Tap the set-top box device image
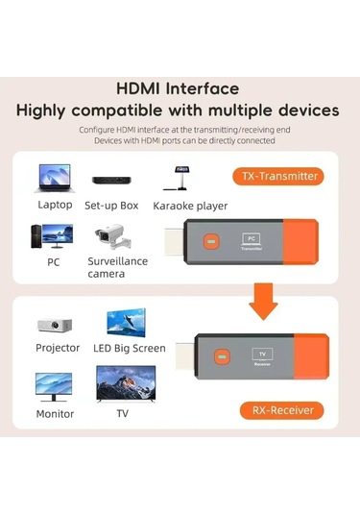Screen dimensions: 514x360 click(111, 180)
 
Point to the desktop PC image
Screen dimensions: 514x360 click(51, 236)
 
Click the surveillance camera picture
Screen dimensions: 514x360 click(112, 236)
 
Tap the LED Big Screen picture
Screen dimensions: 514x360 click(126, 322)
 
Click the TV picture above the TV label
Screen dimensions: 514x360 click(122, 383)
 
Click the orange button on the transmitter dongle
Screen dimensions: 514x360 click(216, 241)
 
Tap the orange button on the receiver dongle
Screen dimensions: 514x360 click(224, 357)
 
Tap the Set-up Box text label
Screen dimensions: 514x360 click(111, 205)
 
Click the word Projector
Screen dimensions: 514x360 click(58, 348)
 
